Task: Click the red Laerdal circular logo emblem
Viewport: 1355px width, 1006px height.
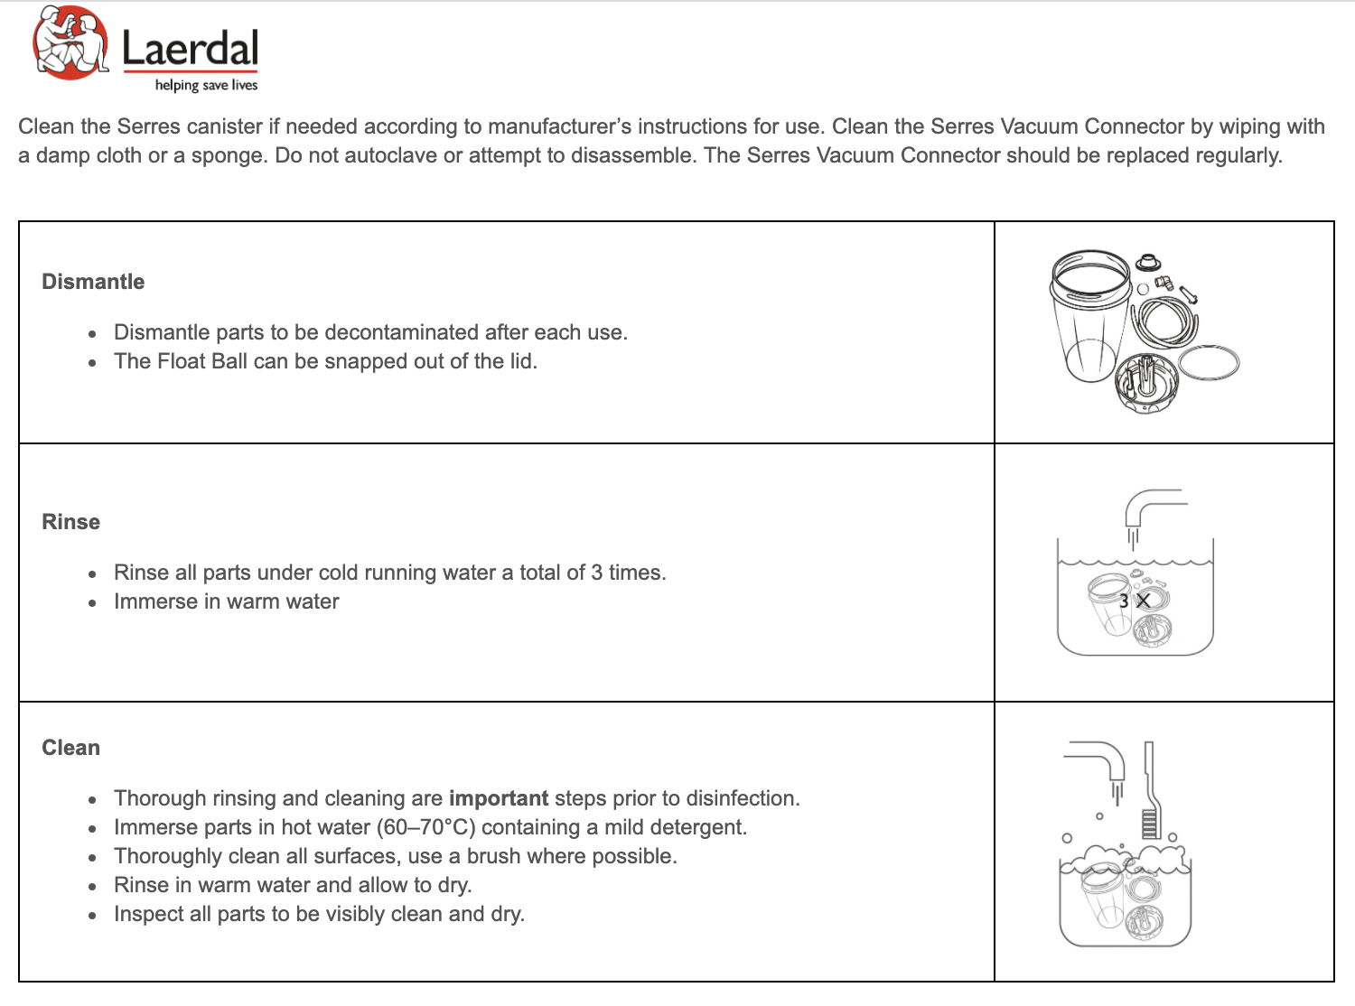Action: tap(70, 43)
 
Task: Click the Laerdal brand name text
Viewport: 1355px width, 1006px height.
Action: tap(190, 49)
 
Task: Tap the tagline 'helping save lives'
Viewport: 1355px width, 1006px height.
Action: tap(206, 85)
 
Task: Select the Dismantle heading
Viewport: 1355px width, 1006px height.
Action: tap(93, 282)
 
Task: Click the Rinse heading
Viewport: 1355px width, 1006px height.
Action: tap(70, 522)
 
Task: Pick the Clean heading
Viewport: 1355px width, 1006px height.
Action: tap(70, 748)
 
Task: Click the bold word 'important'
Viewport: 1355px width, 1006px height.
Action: tap(498, 798)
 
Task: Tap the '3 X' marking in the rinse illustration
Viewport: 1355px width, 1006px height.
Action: tap(1135, 601)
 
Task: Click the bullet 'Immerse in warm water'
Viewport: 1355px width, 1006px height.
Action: tap(226, 601)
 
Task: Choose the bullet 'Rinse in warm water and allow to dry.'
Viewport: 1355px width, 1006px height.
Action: tap(293, 885)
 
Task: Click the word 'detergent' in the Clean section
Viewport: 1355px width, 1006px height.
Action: tap(699, 827)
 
